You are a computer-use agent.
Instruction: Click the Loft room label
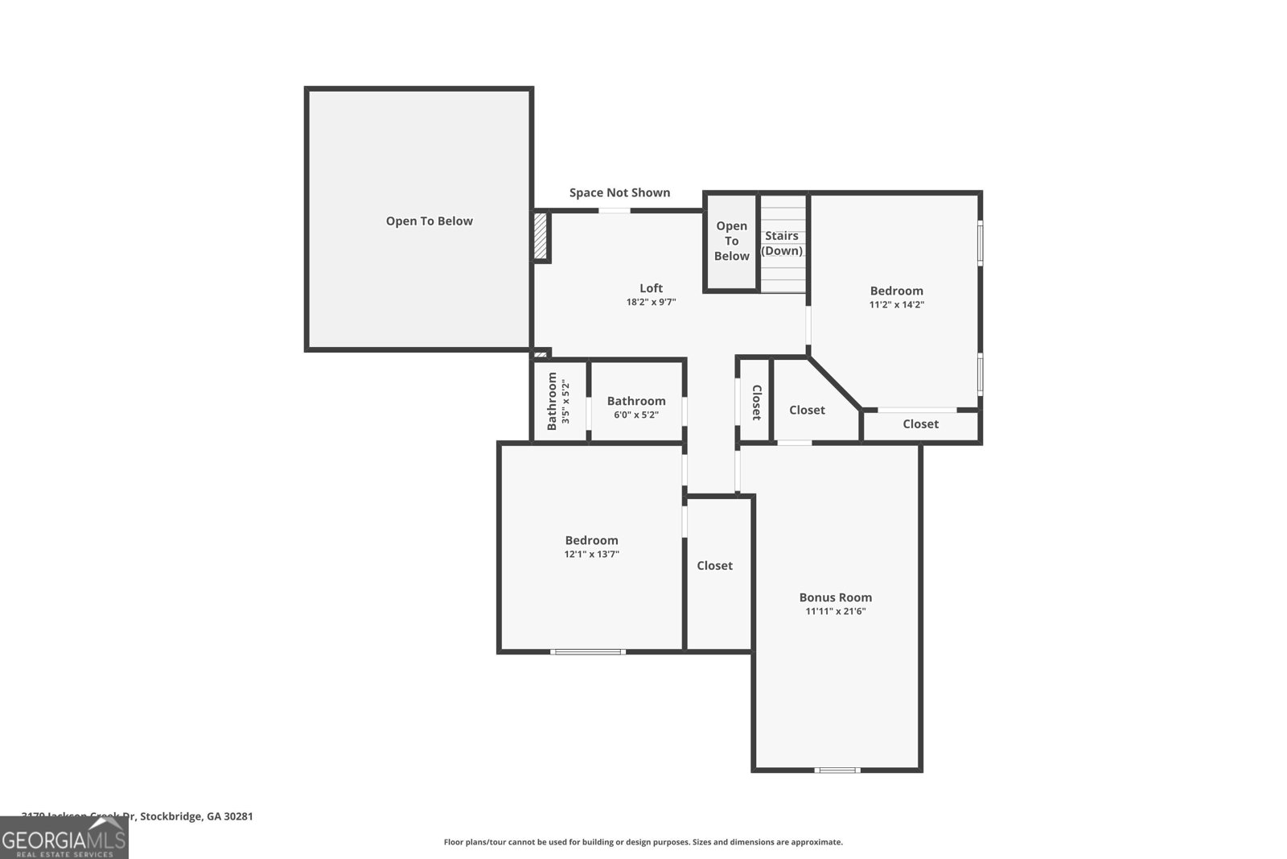[x=651, y=288]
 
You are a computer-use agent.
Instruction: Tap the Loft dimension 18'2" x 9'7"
[x=651, y=303]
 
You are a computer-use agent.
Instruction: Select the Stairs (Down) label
[x=782, y=243]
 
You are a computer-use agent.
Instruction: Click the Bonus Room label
[x=835, y=597]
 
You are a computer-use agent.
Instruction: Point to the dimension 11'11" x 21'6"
[x=835, y=612]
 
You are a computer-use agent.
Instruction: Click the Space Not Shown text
[x=619, y=192]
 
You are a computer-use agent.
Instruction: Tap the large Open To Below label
[x=429, y=221]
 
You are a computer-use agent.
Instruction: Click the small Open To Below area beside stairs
[x=731, y=242]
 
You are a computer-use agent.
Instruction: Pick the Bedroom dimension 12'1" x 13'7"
[x=591, y=554]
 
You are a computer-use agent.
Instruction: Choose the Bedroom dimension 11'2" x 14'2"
[x=896, y=305]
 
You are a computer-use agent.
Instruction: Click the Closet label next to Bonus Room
[x=714, y=566]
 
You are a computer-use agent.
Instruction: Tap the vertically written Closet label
[x=756, y=402]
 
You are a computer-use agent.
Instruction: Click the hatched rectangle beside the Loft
[x=541, y=236]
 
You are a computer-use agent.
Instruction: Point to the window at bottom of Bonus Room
[x=837, y=770]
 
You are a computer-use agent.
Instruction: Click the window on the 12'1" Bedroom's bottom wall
[x=588, y=651]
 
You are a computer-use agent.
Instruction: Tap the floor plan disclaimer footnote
[x=643, y=842]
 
